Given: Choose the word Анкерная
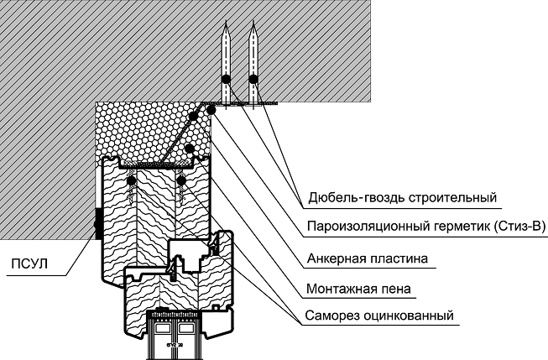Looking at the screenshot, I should point(328,259).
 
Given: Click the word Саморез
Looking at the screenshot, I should point(326,316).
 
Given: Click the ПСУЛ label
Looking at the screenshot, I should point(28,265).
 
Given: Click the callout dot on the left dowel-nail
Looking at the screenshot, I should point(225,80).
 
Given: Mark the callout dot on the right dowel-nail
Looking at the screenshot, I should point(253,80).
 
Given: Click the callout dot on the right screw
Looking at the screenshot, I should point(180,179).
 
